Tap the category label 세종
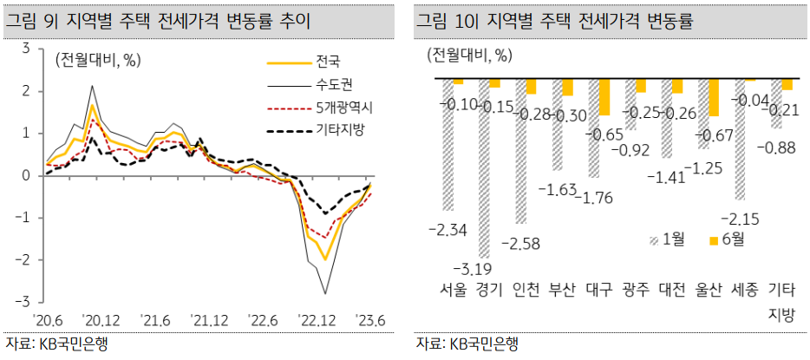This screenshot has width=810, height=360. (748, 289)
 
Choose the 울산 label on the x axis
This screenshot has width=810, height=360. (709, 289)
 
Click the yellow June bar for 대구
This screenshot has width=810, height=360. (604, 97)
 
